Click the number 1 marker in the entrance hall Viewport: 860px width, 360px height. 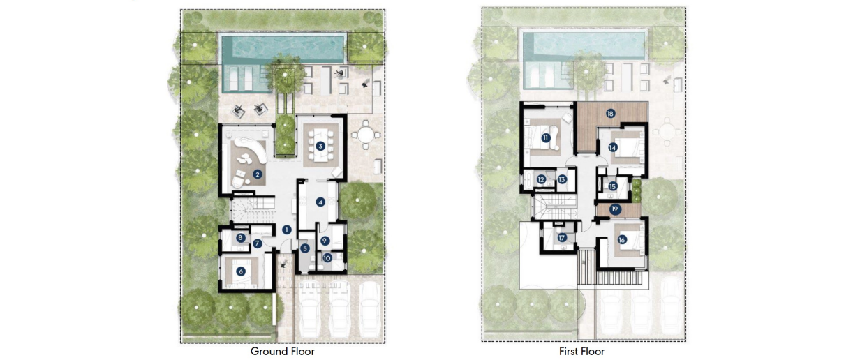(x=287, y=230)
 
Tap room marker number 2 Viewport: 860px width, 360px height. (x=257, y=174)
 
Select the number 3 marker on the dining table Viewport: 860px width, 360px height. (x=320, y=146)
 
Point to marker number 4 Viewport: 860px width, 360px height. (x=320, y=202)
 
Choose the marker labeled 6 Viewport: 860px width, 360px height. (x=242, y=271)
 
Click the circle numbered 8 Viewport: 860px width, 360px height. (x=240, y=238)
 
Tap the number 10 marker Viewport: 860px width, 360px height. (x=326, y=257)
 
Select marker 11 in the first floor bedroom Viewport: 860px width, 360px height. (x=545, y=138)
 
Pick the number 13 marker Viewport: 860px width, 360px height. (x=561, y=179)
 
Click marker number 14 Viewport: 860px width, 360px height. (x=612, y=147)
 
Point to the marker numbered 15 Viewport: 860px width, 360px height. (x=612, y=186)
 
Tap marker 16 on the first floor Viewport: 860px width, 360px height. (x=621, y=239)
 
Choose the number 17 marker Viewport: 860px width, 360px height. (x=562, y=238)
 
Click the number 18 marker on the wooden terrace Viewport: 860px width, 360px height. (x=610, y=113)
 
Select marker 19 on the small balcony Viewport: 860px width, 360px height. (x=615, y=209)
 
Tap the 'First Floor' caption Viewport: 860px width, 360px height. (x=581, y=352)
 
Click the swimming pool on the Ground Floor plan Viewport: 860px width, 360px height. (x=283, y=47)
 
